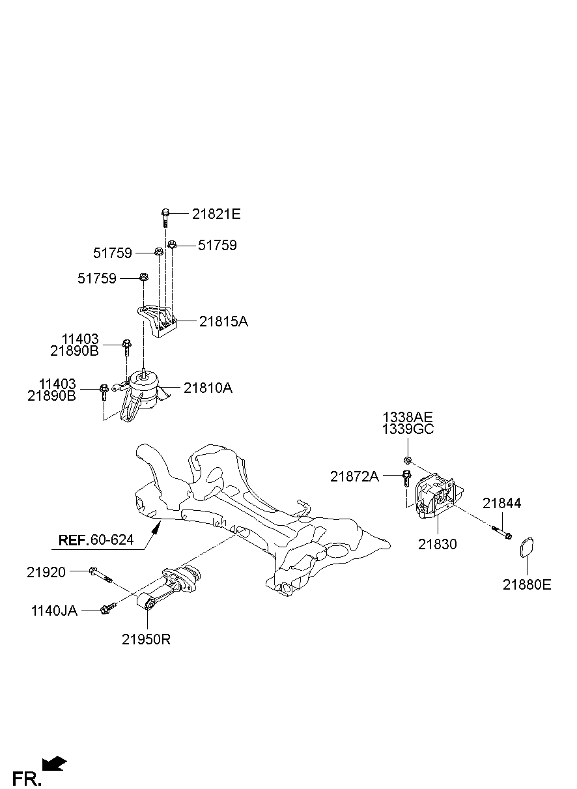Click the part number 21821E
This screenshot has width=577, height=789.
click(x=216, y=214)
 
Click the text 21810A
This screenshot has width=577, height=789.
click(x=208, y=388)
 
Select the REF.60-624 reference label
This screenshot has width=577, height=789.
click(x=96, y=539)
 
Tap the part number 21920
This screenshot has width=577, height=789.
click(x=46, y=572)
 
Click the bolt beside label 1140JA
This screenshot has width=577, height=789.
click(x=107, y=609)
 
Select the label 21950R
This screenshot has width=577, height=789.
click(x=146, y=640)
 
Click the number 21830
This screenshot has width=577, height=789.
click(x=437, y=544)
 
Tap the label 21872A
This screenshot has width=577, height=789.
click(x=354, y=476)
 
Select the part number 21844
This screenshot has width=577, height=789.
click(x=501, y=503)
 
